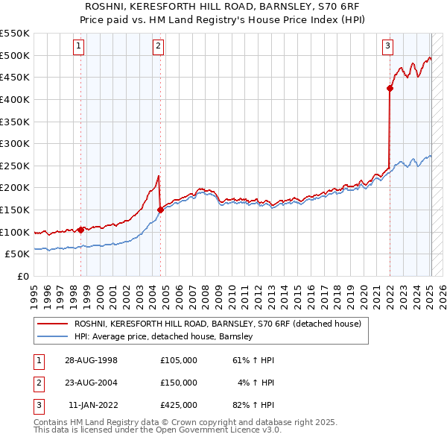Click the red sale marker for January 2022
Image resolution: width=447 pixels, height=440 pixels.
390,89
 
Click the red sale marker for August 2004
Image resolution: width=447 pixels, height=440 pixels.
160,210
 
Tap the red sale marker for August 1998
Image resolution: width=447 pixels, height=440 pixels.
80,230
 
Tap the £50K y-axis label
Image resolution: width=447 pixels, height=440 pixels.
18,254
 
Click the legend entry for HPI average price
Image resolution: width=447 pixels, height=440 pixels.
164,337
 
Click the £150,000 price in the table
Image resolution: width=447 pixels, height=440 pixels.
179,383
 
